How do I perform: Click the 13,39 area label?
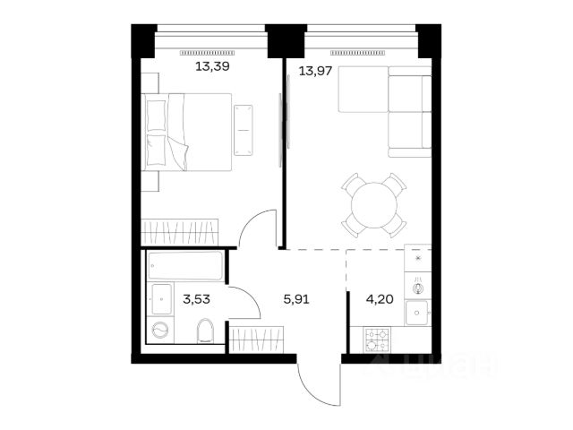[x=212, y=66]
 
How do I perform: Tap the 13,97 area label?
[x=315, y=71]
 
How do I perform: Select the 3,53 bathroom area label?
[x=196, y=299]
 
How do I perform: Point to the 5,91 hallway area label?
[x=296, y=299]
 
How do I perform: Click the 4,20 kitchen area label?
[x=380, y=299]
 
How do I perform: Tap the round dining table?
[x=374, y=205]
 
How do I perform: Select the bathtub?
[x=185, y=266]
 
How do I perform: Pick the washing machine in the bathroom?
[x=160, y=331]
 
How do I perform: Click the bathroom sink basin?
[x=161, y=299]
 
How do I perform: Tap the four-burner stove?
[x=377, y=340]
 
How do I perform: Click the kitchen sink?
[x=416, y=313]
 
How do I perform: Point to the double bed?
[x=186, y=132]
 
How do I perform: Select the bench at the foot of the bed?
[x=244, y=130]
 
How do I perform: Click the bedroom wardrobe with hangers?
[x=179, y=232]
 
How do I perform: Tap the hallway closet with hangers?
[x=256, y=340]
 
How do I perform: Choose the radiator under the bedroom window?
[x=207, y=53]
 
